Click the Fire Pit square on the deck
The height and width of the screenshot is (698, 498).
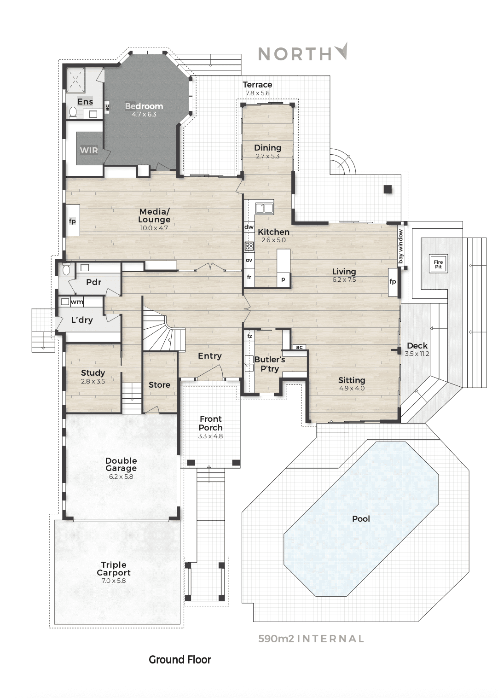click(438, 264)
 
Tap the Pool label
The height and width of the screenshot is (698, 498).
click(361, 519)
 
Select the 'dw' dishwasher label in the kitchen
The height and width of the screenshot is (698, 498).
click(249, 227)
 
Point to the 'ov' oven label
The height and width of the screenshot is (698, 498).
click(249, 260)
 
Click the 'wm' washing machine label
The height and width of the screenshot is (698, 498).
click(77, 302)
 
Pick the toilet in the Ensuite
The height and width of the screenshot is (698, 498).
click(73, 112)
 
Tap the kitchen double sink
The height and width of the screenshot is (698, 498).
click(264, 208)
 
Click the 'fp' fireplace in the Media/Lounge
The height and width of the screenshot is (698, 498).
click(72, 220)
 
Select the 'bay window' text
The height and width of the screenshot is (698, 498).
click(400, 246)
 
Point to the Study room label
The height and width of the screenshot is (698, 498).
click(93, 372)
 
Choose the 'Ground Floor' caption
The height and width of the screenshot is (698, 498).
click(180, 660)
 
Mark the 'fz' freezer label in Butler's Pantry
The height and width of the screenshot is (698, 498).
click(249, 336)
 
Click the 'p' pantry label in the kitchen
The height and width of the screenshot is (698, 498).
click(283, 279)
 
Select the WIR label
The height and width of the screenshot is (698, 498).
click(89, 151)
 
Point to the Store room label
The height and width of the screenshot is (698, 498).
click(159, 385)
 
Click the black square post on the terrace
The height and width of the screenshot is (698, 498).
click(388, 189)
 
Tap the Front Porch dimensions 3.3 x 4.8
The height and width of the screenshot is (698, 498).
click(210, 436)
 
